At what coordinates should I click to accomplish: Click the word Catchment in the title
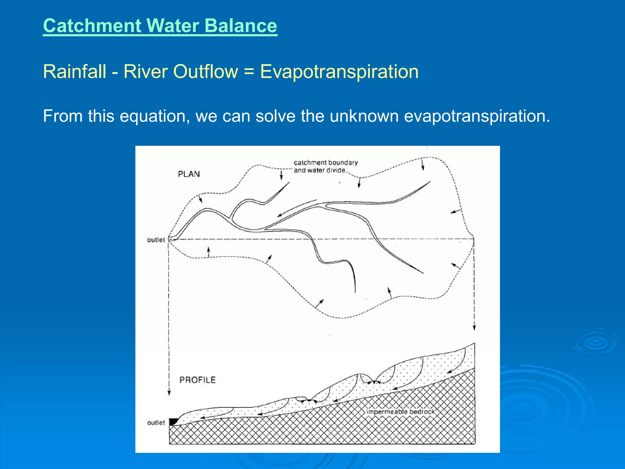coord(92,26)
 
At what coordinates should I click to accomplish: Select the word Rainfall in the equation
coord(74,72)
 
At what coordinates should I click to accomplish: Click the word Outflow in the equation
coord(206,72)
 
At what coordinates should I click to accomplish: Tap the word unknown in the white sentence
coord(364,116)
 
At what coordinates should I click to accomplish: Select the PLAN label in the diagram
coord(189,174)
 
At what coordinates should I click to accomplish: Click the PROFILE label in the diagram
coord(197,380)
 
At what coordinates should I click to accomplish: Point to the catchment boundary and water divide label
coord(325,166)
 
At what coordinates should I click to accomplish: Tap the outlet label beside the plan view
coord(156,240)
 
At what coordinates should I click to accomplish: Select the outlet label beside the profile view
coord(156,423)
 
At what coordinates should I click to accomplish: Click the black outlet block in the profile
coord(174,422)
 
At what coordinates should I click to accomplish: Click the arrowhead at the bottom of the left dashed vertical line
coord(169,393)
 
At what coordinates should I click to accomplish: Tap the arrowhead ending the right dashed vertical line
coord(474,327)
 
